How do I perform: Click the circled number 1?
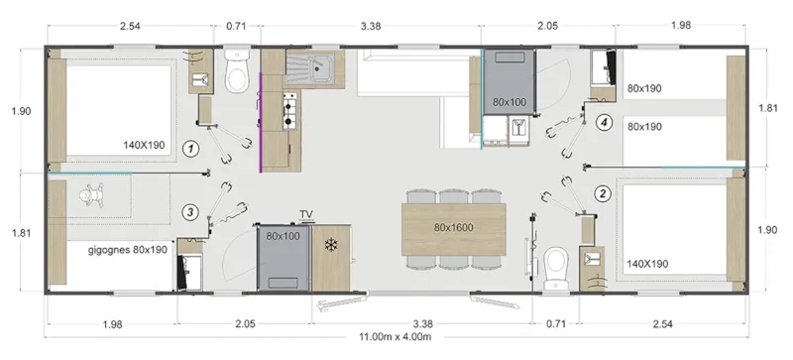click(x=192, y=149)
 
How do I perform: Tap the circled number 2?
click(x=601, y=192)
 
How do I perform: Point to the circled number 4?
click(x=605, y=123)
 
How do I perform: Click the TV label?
click(x=306, y=215)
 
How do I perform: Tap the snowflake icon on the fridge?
click(x=331, y=245)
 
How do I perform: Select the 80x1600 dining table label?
click(x=454, y=227)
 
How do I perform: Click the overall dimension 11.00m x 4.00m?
click(x=396, y=337)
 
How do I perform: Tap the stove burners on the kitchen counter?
click(x=291, y=111)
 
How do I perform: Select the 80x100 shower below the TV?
click(x=283, y=238)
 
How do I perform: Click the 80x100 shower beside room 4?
click(x=509, y=101)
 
